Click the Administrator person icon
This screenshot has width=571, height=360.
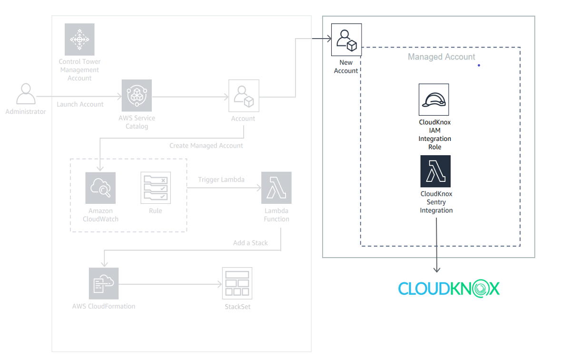(26, 94)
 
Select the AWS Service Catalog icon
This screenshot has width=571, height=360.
(137, 95)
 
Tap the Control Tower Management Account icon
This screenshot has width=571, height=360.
(79, 39)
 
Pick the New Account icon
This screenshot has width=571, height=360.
(346, 40)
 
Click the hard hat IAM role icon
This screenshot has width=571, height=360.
(434, 100)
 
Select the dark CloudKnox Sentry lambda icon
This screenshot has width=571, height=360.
(435, 171)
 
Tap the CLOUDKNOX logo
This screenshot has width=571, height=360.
(449, 289)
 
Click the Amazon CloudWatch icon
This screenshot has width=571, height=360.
(100, 188)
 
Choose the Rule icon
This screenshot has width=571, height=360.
(155, 188)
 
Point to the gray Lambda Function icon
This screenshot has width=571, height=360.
(276, 188)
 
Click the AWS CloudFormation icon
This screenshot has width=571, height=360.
(104, 283)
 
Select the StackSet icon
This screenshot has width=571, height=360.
(237, 283)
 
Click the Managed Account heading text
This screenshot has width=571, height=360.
(441, 57)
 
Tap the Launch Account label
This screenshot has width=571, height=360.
(80, 104)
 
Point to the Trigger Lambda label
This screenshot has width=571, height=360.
(221, 180)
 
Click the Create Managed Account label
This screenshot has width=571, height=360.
(206, 146)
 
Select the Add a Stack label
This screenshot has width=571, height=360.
(250, 243)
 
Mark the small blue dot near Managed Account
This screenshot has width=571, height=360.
(479, 65)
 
